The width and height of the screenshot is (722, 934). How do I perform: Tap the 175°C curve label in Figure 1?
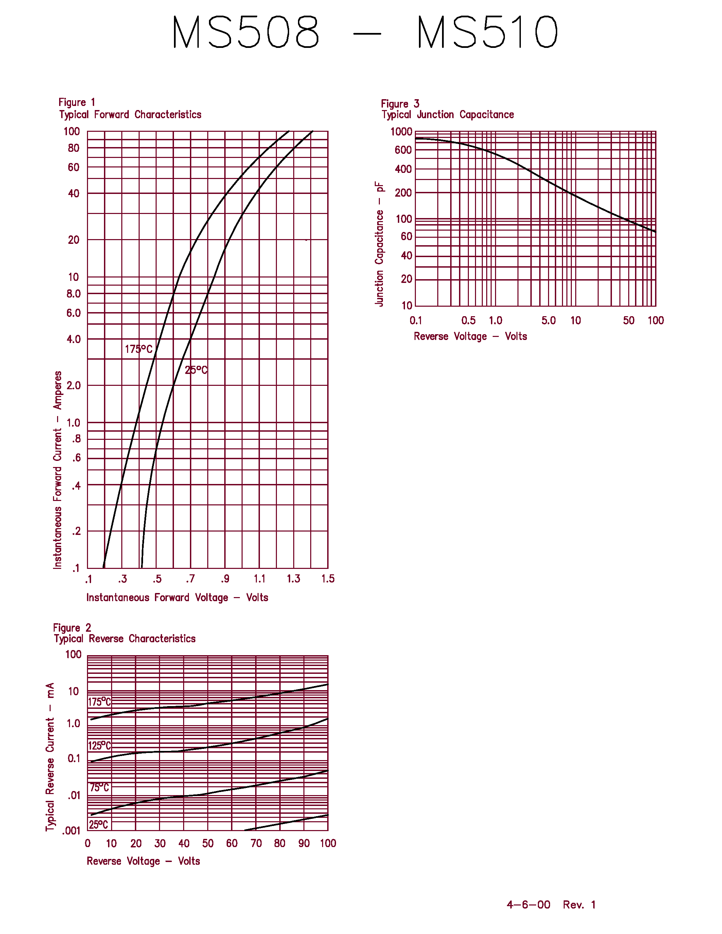139,349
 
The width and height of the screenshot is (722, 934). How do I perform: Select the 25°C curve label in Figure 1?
196,370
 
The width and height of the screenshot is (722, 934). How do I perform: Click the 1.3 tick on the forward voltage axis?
294,579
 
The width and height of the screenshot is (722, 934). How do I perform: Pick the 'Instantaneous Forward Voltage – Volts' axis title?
177,598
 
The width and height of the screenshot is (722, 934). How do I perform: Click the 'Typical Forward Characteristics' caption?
130,114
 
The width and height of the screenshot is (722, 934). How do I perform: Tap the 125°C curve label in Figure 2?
100,746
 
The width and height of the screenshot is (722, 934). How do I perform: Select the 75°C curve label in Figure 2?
100,788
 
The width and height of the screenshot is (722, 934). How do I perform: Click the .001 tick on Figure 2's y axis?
71,831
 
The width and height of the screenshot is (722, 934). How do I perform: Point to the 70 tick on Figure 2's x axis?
256,843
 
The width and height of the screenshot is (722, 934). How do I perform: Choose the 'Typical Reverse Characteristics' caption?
124,639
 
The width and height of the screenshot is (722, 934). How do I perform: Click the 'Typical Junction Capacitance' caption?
448,114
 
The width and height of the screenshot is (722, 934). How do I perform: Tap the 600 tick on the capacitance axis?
403,150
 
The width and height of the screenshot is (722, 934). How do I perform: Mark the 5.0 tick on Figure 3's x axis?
548,321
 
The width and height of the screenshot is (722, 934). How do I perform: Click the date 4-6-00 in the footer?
528,904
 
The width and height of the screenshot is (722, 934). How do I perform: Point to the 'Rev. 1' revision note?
579,904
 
